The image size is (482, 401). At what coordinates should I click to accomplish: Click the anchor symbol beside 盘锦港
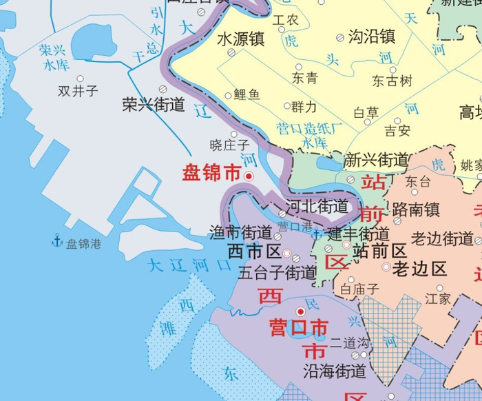coord(57,240)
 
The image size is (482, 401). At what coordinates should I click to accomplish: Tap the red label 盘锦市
coord(211,174)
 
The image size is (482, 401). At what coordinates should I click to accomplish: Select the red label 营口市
coord(298,326)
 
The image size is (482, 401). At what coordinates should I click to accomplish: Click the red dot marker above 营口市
coord(300,311)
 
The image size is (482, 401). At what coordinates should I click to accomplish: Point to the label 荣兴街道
coord(154,105)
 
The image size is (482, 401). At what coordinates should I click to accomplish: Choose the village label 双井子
coord(78,90)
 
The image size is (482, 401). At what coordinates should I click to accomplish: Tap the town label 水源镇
coord(240,38)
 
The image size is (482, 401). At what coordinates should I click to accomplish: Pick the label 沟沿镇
coord(371,35)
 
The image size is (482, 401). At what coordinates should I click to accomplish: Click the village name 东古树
coord(392,81)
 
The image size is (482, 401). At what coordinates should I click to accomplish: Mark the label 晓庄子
coord(229,145)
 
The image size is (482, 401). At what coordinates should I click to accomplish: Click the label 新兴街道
coord(376,161)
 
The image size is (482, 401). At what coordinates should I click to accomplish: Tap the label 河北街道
coord(317,205)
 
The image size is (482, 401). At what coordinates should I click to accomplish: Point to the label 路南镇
coord(415,208)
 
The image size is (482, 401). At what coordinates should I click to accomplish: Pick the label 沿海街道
coord(335,371)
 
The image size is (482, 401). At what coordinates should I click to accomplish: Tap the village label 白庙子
coord(359,289)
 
